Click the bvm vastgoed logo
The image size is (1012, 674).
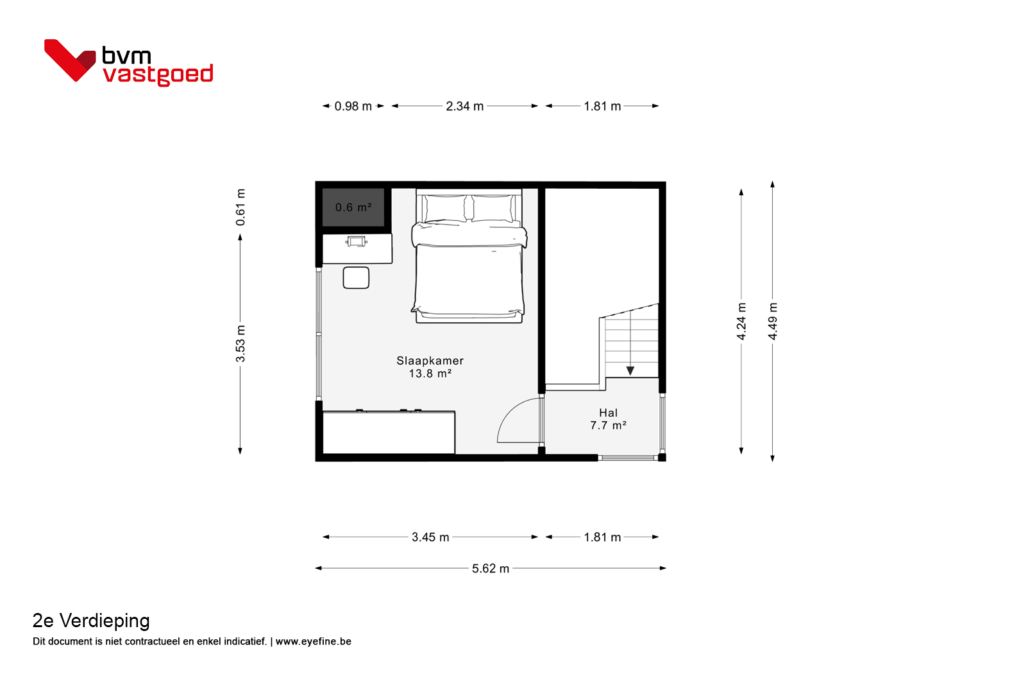pyautogui.click(x=128, y=62)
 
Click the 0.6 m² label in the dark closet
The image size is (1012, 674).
pyautogui.click(x=353, y=207)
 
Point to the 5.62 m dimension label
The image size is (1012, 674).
pyautogui.click(x=491, y=568)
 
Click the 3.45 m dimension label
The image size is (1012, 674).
pyautogui.click(x=430, y=537)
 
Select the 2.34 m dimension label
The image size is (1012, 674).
pyautogui.click(x=464, y=107)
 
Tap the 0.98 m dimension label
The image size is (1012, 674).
pyautogui.click(x=353, y=107)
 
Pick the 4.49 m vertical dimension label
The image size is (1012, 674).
pyautogui.click(x=773, y=321)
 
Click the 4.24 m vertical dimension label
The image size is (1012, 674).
pyautogui.click(x=741, y=321)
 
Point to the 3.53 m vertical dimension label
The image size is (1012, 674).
pyautogui.click(x=240, y=344)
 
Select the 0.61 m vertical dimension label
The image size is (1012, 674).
pyautogui.click(x=240, y=207)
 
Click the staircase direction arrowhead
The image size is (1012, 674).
pyautogui.click(x=630, y=371)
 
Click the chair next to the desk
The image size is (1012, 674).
pyautogui.click(x=356, y=278)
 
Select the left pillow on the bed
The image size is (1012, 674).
pyautogui.click(x=444, y=208)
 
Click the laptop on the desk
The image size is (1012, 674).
pyautogui.click(x=357, y=241)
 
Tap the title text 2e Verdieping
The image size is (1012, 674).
pyautogui.click(x=91, y=621)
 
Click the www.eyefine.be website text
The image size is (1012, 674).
pyautogui.click(x=313, y=641)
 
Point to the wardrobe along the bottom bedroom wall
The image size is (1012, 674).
pyautogui.click(x=389, y=432)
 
